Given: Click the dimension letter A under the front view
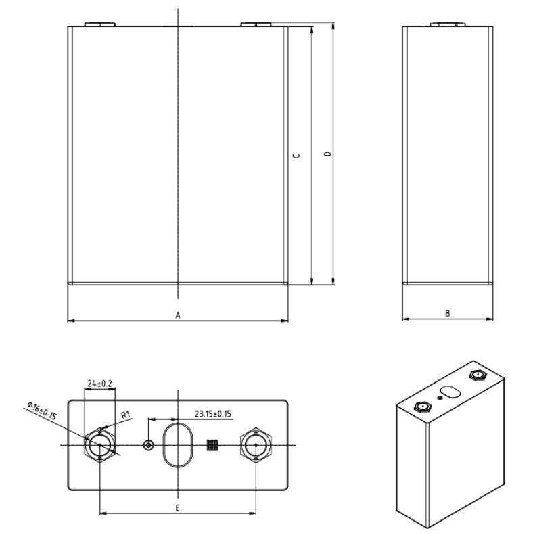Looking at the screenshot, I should point(177,315).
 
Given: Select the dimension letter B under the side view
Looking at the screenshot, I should point(447,313).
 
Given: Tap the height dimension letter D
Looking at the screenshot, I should point(327,155).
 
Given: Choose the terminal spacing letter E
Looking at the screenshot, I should point(177,507).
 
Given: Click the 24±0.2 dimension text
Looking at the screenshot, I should point(100,383).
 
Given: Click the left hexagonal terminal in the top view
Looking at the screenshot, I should point(100,444).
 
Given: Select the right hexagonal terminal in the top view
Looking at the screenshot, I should point(255,444).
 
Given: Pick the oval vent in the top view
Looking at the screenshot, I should point(177,444).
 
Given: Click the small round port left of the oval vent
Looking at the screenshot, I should point(148,444).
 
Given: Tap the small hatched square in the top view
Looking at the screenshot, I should point(212,444).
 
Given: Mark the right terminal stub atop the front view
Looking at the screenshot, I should point(255,25).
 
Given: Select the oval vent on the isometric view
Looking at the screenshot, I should point(449,392).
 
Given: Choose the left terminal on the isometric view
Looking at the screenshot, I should point(423,407).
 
